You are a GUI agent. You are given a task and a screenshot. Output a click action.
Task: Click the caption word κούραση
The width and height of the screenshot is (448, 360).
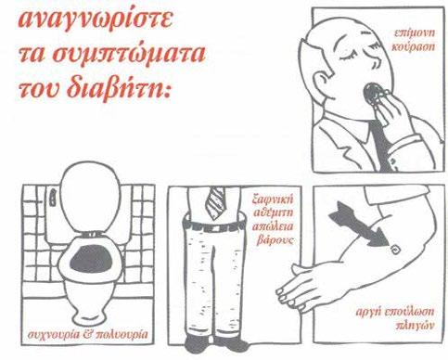(414, 47)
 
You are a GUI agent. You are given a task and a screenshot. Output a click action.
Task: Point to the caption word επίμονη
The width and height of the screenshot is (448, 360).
(415, 33)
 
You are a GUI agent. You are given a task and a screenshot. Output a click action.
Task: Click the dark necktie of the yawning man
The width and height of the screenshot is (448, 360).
(381, 145)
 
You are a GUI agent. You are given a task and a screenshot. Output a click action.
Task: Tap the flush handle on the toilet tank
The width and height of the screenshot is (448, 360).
(53, 198)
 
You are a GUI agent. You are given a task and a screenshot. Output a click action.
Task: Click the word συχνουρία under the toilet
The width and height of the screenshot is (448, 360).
(54, 335)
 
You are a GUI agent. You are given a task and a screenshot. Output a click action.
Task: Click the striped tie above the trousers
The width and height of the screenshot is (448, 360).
(215, 202)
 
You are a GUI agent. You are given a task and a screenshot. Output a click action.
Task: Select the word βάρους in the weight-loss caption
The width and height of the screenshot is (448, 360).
(275, 240)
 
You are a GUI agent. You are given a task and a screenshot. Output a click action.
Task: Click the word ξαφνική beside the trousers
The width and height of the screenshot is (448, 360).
(273, 199)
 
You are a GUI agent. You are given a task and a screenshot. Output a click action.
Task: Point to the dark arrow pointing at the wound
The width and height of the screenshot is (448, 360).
(358, 225)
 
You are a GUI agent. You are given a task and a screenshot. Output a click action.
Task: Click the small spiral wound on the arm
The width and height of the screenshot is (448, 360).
(394, 250)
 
